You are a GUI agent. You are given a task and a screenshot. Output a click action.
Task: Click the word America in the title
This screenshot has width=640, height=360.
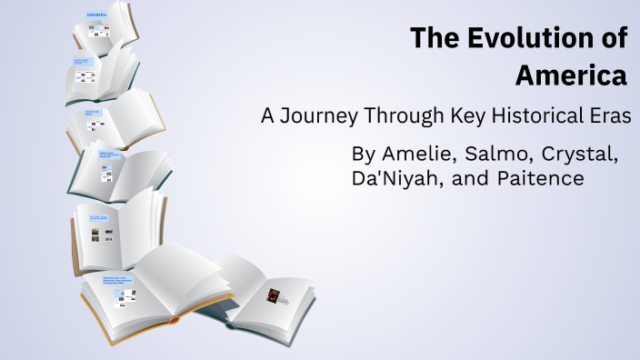[x=571, y=75]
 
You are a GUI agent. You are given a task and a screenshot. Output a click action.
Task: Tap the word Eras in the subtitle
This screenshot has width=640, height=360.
[x=610, y=117]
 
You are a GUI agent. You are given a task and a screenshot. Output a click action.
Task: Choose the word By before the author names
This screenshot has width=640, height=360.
[x=365, y=154]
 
